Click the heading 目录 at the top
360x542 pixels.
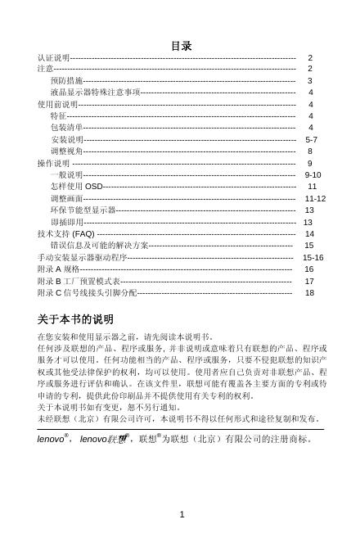tap(181, 45)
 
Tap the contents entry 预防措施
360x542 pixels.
tap(65, 82)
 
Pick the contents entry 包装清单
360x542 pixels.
tap(65, 129)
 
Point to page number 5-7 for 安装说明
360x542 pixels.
tap(311, 140)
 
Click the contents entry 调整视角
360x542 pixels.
tap(65, 151)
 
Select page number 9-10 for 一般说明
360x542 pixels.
tap(312, 175)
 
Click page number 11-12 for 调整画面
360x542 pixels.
tap(315, 199)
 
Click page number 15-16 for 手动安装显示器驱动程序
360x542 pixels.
tap(313, 257)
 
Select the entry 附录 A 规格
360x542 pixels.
tap(58, 269)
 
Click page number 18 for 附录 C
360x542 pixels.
tap(309, 292)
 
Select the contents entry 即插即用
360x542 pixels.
tap(65, 222)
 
